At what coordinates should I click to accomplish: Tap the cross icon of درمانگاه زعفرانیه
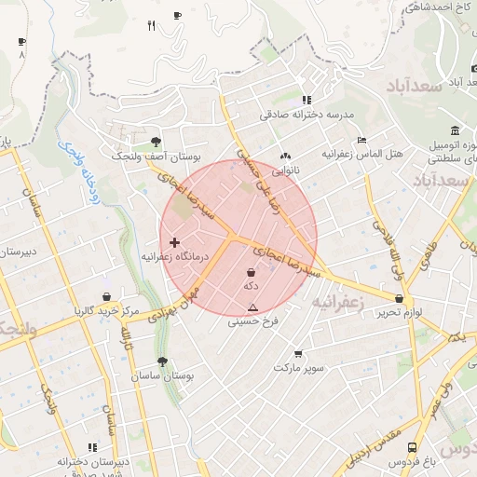[174, 241]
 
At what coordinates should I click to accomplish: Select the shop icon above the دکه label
[251, 273]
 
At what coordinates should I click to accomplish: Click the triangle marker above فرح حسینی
[252, 307]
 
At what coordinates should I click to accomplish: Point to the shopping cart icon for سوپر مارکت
[298, 354]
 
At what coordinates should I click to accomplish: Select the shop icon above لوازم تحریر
[400, 299]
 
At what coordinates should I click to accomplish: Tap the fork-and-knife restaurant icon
[151, 25]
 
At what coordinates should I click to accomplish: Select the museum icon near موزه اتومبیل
[454, 130]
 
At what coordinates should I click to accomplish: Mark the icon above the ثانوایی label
[284, 157]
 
